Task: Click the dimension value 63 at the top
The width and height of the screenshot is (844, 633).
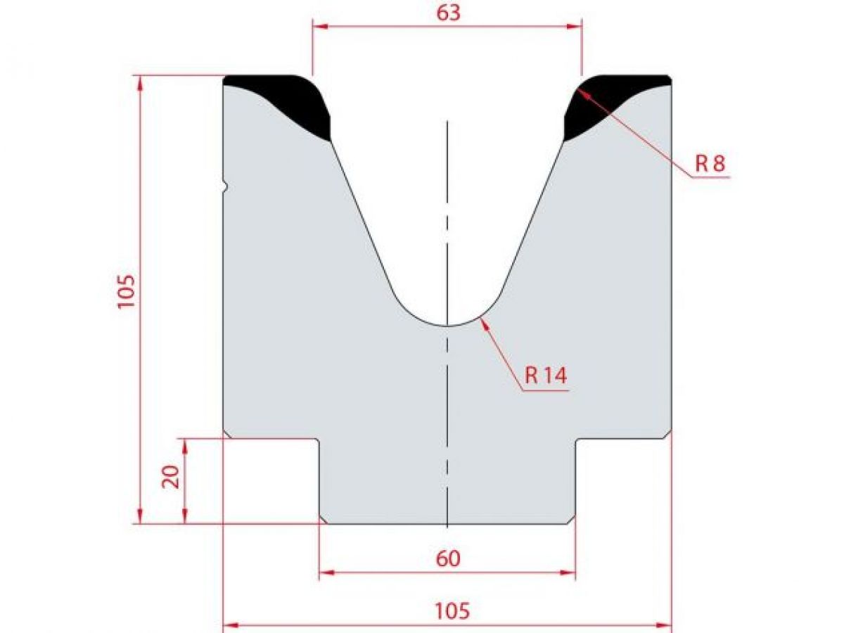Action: pyautogui.click(x=448, y=13)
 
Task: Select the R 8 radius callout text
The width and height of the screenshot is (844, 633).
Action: pyautogui.click(x=710, y=164)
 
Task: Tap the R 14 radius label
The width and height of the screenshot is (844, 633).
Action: pyautogui.click(x=545, y=376)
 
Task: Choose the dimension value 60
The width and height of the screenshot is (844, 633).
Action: pyautogui.click(x=448, y=559)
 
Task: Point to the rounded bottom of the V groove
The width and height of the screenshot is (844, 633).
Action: pyautogui.click(x=448, y=324)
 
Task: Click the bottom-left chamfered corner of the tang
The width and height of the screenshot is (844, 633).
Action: pyautogui.click(x=324, y=520)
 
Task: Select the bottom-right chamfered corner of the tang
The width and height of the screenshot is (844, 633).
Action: pyautogui.click(x=572, y=520)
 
